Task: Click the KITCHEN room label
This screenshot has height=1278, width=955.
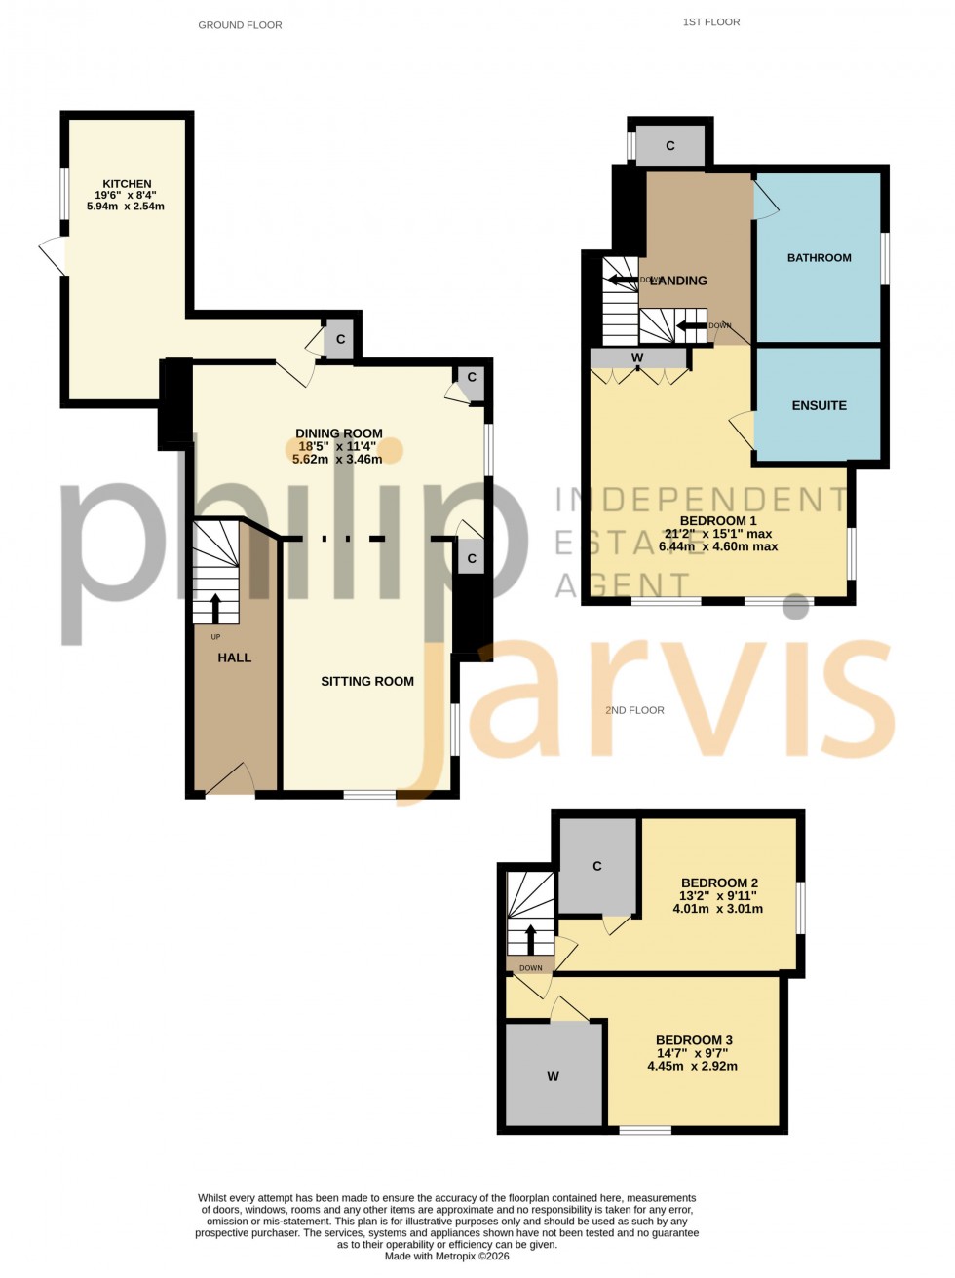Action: click(x=128, y=184)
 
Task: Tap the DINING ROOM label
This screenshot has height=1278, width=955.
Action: click(x=339, y=433)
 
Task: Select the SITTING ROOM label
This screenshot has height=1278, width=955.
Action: click(x=367, y=682)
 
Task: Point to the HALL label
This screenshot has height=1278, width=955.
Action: click(x=235, y=658)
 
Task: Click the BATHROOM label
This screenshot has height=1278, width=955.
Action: click(x=819, y=258)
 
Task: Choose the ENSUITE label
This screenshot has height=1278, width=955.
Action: click(x=819, y=405)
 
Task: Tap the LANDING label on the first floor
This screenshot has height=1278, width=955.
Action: click(x=678, y=281)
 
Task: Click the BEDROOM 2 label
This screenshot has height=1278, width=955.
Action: click(x=719, y=883)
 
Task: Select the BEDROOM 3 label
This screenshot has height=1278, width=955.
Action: click(x=694, y=1040)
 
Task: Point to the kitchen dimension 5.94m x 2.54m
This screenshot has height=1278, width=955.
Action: click(x=126, y=207)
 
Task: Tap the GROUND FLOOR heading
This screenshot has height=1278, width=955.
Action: click(x=240, y=25)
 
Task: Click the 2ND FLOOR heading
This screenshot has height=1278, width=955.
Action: click(x=634, y=710)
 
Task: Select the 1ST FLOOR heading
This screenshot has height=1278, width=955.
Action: click(x=710, y=21)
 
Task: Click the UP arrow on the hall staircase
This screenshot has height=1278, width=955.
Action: click(x=216, y=607)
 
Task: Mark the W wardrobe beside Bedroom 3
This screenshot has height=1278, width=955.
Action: click(x=553, y=1076)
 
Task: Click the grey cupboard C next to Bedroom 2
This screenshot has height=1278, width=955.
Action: click(x=597, y=866)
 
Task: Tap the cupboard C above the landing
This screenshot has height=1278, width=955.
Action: click(x=670, y=146)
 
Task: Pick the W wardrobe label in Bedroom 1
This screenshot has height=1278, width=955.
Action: click(x=637, y=357)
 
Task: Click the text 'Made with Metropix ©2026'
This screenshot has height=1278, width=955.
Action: click(x=447, y=1257)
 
